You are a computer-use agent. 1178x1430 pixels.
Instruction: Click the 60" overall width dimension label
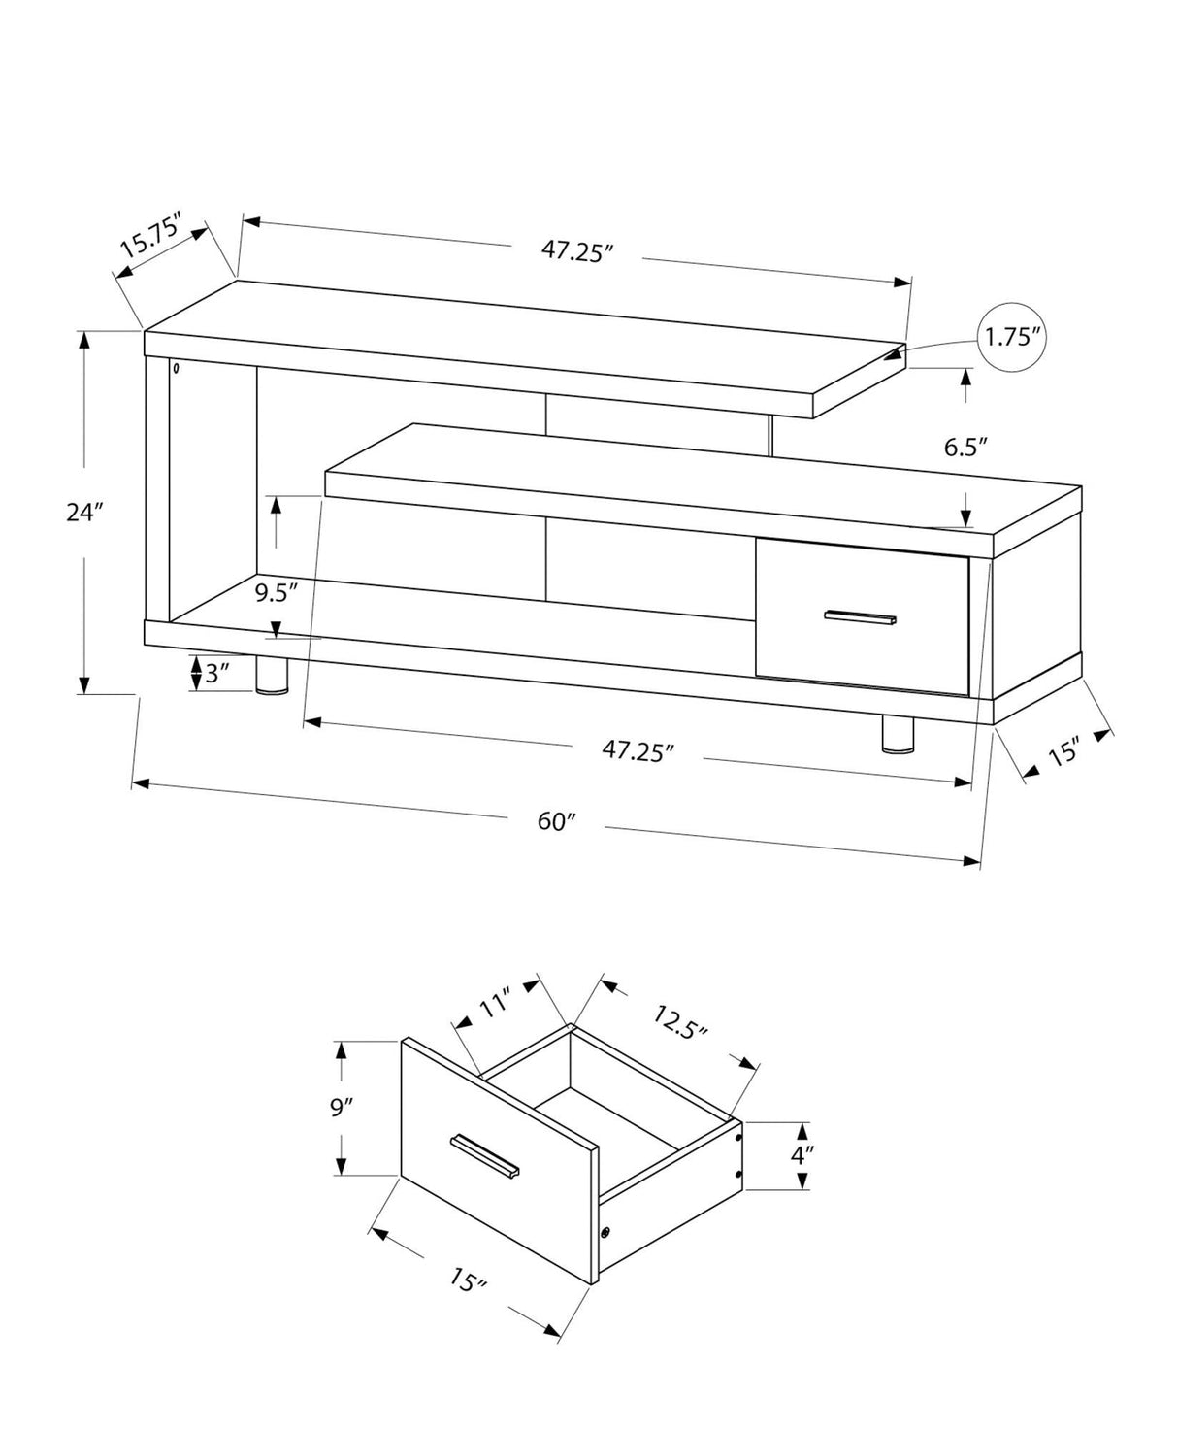coord(557,821)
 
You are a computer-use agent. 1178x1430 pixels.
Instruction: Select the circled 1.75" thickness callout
coord(1013,337)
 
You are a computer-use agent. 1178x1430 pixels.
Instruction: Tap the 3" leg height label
coord(215,673)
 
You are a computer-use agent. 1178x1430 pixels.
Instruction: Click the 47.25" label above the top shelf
coord(577,250)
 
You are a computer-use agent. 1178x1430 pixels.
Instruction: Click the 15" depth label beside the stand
coord(1063,750)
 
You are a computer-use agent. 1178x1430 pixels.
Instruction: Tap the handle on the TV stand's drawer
coord(860,617)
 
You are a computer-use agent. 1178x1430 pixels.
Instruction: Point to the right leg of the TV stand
coord(898,735)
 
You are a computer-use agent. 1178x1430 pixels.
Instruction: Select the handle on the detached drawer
coord(485,1158)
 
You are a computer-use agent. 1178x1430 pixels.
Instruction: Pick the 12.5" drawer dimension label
coord(680,1022)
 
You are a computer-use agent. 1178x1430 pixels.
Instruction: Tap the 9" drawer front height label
coord(342,1107)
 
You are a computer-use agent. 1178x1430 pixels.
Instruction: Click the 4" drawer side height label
coord(802,1155)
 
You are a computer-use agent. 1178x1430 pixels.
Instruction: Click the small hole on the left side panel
coord(177,369)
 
